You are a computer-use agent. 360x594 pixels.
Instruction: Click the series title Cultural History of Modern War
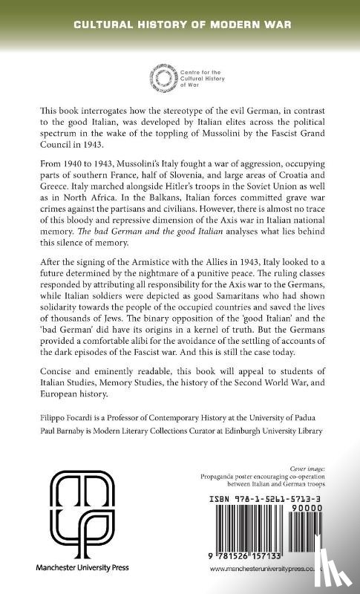(180, 25)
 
